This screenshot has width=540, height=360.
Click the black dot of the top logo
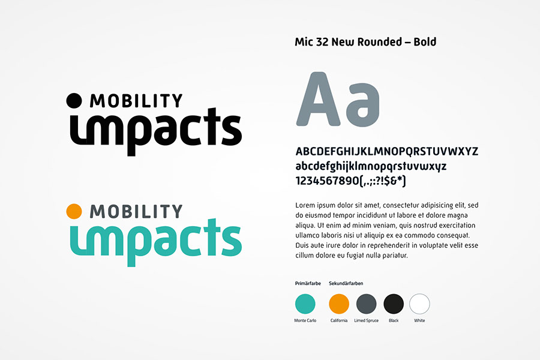click(x=74, y=101)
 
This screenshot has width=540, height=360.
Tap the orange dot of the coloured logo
click(x=74, y=211)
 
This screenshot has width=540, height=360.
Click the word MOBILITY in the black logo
click(x=136, y=101)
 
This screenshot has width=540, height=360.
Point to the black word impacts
click(x=155, y=131)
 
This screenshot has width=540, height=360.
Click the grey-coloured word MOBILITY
click(x=136, y=212)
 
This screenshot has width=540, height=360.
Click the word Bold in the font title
click(x=425, y=41)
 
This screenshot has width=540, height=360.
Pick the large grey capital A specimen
click(x=318, y=99)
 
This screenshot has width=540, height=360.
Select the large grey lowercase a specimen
click(x=362, y=104)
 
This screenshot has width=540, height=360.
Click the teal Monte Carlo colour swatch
click(x=305, y=304)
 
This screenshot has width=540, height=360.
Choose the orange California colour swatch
click(x=339, y=304)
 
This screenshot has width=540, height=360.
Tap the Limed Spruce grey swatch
click(x=367, y=304)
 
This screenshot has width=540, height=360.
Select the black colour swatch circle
click(x=394, y=304)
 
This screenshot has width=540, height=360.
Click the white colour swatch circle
click(x=419, y=304)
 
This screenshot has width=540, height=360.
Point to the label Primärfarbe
click(x=308, y=284)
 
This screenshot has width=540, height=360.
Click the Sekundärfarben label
click(x=346, y=284)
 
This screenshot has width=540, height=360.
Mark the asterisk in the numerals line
click(x=400, y=179)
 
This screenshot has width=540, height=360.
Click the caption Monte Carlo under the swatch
click(x=305, y=320)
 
